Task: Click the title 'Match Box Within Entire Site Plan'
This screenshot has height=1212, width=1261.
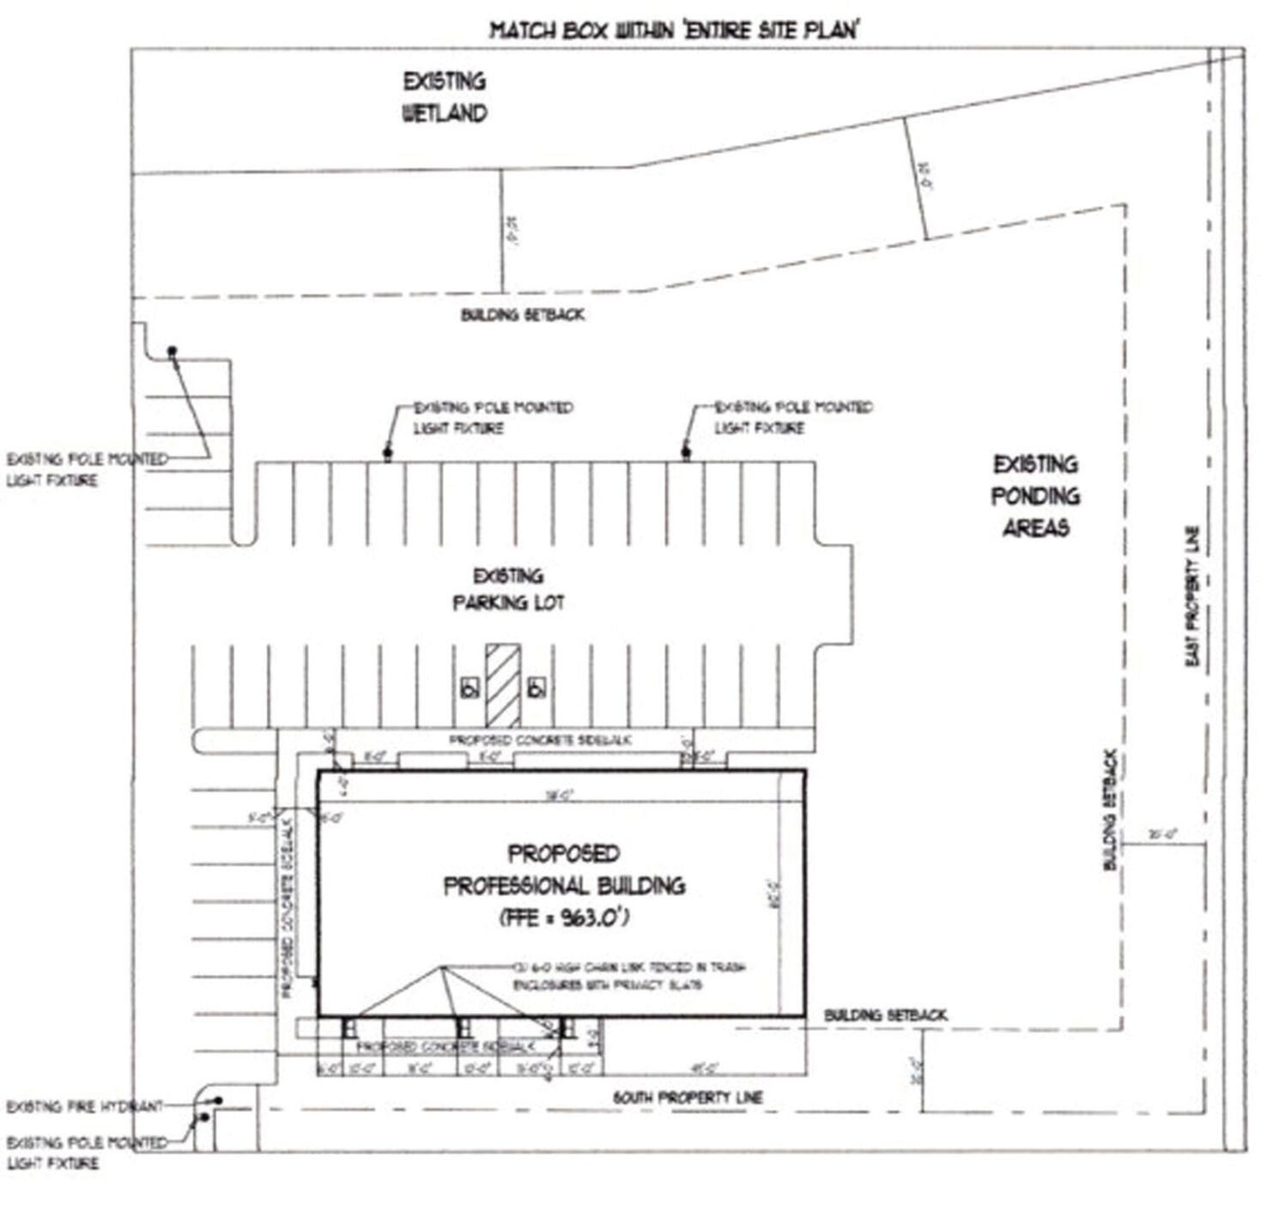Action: pos(675,31)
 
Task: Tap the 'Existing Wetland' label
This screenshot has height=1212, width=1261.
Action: pos(445,97)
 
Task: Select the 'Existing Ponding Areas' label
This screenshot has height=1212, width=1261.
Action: pos(1035,496)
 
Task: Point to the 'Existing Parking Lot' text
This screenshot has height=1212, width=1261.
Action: pos(508,590)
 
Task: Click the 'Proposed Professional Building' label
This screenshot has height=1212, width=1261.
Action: pos(564,870)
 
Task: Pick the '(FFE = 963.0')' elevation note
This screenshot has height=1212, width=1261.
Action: pos(564,918)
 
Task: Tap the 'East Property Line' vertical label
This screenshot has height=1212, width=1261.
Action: pos(1193,596)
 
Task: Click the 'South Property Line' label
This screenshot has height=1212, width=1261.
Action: pos(688,1097)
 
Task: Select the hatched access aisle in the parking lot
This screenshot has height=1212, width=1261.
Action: pos(503,685)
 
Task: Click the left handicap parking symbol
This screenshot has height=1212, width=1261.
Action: pos(470,688)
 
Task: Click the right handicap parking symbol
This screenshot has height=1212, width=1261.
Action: pos(537,688)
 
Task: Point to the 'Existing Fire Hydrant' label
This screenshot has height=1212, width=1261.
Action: pos(84,1106)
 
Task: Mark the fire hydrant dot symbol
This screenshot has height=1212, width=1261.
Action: pos(220,1100)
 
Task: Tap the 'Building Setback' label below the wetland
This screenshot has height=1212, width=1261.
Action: pos(523,315)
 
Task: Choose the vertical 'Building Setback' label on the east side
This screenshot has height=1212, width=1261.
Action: pos(1110,810)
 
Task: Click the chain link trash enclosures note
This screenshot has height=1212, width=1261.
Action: pos(628,976)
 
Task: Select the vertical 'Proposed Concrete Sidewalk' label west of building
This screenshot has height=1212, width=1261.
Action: pos(288,906)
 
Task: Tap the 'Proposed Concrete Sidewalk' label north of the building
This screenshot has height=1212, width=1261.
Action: pos(541,739)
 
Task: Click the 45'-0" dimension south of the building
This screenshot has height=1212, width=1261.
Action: pos(704,1069)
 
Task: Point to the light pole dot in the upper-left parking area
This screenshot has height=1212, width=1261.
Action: pos(172,350)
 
